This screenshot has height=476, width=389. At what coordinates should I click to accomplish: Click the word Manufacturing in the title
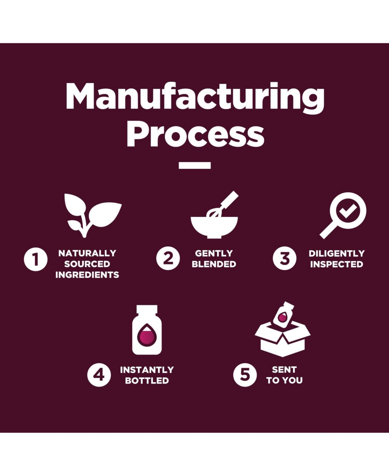click(195, 98)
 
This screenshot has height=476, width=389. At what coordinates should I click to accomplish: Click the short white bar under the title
click(195, 165)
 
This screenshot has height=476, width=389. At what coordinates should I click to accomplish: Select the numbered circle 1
click(36, 259)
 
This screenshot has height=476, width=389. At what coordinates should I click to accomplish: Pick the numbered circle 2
click(168, 258)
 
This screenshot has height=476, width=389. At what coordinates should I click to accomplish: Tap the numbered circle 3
click(285, 258)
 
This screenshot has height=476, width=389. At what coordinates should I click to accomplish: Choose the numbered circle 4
click(99, 375)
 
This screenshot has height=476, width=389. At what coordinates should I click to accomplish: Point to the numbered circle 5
click(245, 375)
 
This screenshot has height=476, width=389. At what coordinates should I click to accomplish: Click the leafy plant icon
click(93, 216)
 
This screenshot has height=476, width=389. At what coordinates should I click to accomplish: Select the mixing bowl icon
click(214, 227)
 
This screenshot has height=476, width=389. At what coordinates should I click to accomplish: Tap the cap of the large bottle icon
click(147, 309)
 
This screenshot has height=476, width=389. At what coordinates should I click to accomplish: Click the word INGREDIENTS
click(87, 275)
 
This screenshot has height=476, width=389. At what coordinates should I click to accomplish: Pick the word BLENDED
click(214, 264)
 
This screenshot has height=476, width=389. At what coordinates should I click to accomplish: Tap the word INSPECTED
click(337, 264)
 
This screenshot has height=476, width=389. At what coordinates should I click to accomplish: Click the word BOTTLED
click(147, 381)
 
